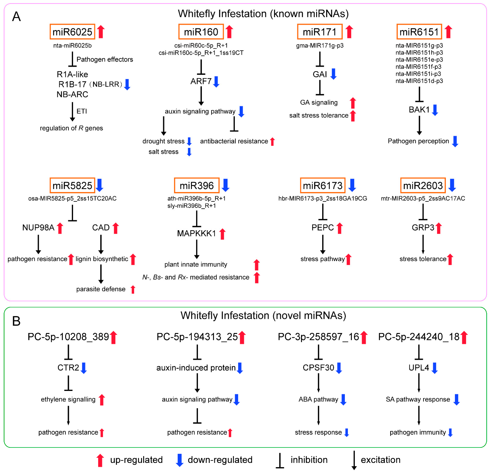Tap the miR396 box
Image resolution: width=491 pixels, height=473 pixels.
click(197, 185)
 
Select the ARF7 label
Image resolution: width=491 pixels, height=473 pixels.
click(201, 81)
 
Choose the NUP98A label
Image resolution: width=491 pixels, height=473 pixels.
click(38, 227)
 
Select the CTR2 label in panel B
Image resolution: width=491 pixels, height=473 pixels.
click(68, 367)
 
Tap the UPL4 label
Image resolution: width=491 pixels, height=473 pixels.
click(419, 367)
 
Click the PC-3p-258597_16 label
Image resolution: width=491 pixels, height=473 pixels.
click(318, 337)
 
